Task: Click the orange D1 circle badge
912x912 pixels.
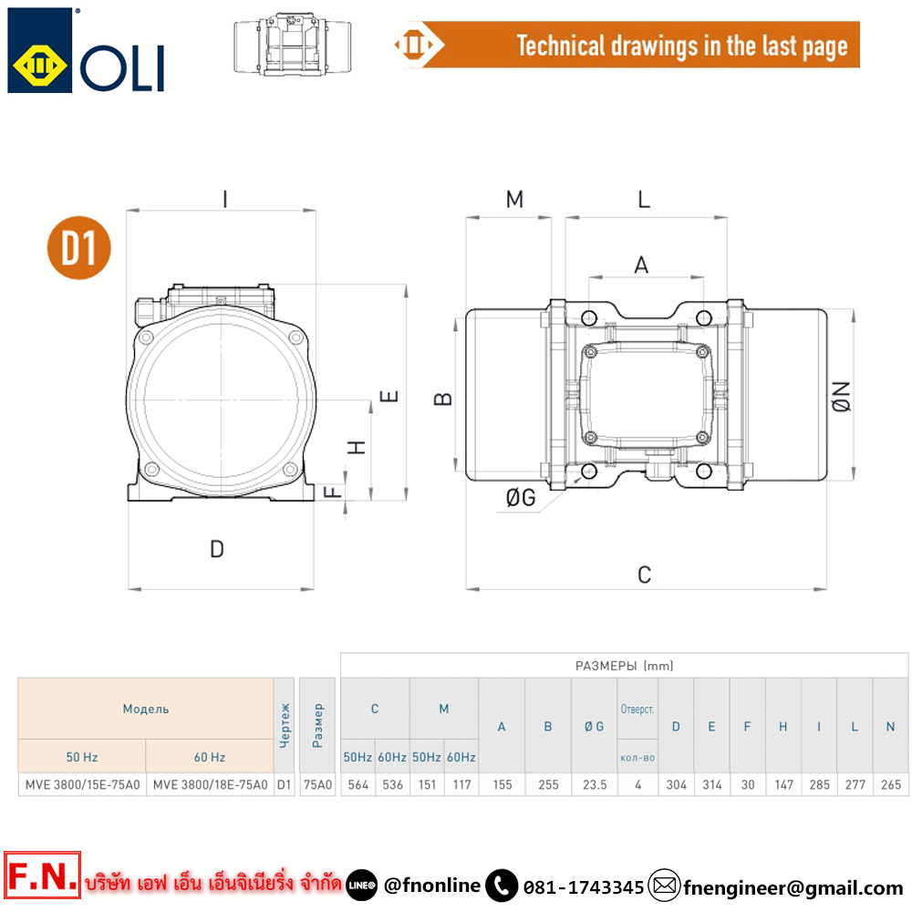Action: click(x=79, y=248)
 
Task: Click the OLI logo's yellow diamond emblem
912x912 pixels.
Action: click(x=39, y=65)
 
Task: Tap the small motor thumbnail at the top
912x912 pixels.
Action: click(x=292, y=44)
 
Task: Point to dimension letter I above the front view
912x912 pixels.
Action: click(x=225, y=200)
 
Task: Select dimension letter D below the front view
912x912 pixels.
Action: click(x=217, y=549)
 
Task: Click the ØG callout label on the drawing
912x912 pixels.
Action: click(x=521, y=498)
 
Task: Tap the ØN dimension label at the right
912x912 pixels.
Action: click(x=841, y=397)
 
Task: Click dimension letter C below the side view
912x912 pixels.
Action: click(x=645, y=575)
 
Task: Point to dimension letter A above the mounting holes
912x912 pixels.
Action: click(x=641, y=265)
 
